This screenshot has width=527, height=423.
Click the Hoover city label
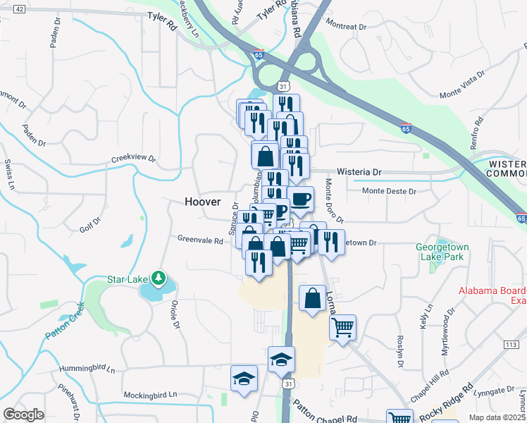[x=202, y=202]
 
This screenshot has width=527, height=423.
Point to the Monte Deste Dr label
[x=389, y=191]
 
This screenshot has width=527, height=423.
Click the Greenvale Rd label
[x=200, y=240]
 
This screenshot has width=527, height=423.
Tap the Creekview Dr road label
[x=132, y=160]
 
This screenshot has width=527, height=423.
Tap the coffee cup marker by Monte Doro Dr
[x=300, y=200]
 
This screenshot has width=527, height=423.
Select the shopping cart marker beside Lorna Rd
[x=342, y=327]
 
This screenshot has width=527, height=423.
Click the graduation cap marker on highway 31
[x=281, y=360]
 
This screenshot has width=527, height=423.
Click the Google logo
[x=23, y=415]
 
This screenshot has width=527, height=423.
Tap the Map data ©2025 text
[x=497, y=417]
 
